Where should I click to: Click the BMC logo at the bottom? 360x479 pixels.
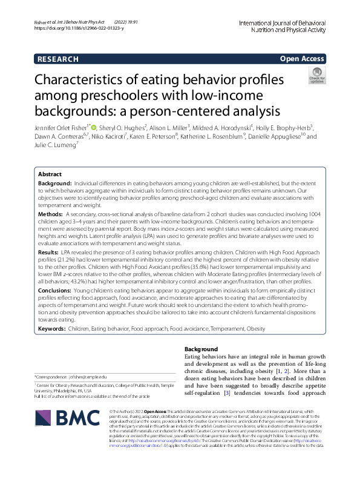pyautogui.click(x=60, y=426)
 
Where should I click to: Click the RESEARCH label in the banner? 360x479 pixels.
pyautogui.click(x=58, y=59)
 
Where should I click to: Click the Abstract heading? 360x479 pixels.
pyautogui.click(x=50, y=173)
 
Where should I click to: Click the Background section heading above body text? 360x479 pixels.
pyautogui.click(x=200, y=349)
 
